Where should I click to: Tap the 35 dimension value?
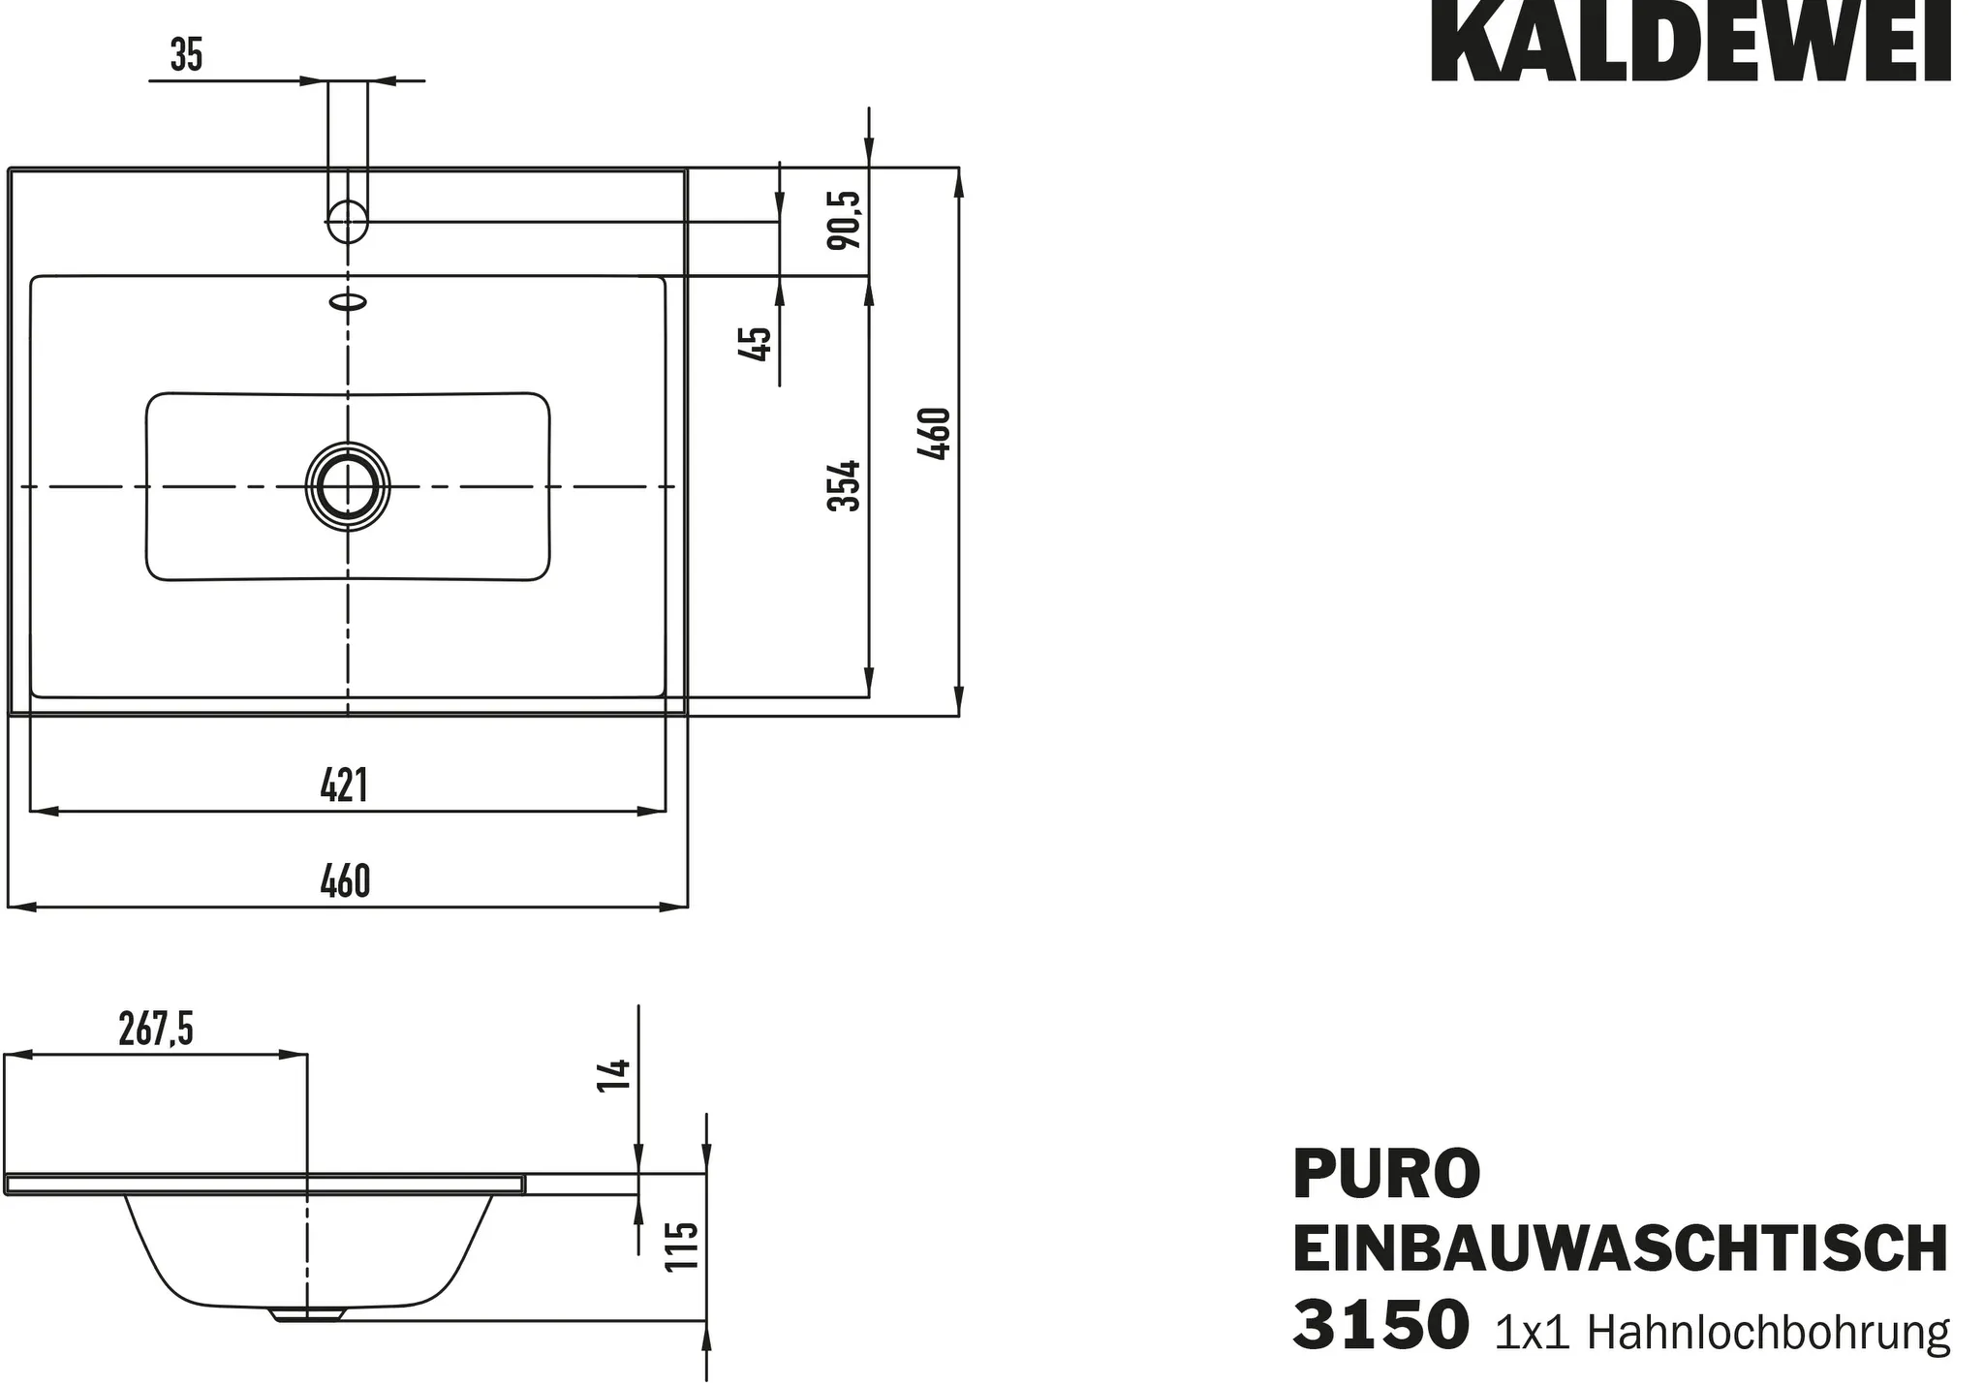[186, 54]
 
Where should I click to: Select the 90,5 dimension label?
[844, 220]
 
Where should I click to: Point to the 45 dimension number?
[755, 344]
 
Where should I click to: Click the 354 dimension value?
[844, 485]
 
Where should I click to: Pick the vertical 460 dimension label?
[936, 434]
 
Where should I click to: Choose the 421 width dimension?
[344, 785]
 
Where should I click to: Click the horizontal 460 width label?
[344, 881]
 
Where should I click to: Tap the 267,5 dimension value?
[156, 1029]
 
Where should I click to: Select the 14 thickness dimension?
[614, 1075]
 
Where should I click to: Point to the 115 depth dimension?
[683, 1246]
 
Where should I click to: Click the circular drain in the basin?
[348, 486]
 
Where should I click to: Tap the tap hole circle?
[348, 221]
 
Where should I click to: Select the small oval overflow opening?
[349, 302]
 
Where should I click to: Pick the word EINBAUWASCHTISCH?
[1620, 1249]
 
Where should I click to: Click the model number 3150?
[1380, 1325]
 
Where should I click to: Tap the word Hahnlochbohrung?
[1768, 1333]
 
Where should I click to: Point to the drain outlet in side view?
[308, 1314]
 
